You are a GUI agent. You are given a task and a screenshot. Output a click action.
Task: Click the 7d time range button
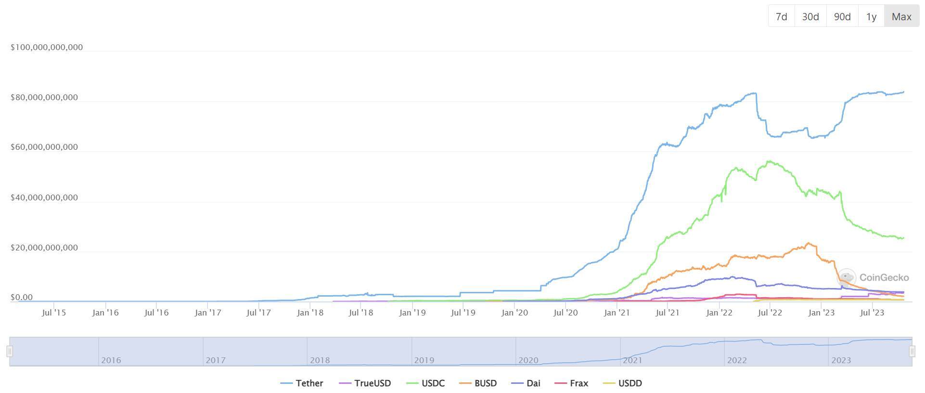pyautogui.click(x=781, y=17)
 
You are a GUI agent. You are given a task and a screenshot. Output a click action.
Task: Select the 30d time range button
pyautogui.click(x=810, y=17)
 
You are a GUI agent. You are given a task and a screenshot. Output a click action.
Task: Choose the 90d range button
pyautogui.click(x=842, y=17)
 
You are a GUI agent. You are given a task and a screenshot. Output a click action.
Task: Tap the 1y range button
pyautogui.click(x=871, y=17)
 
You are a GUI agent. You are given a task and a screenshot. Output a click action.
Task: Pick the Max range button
pyautogui.click(x=901, y=17)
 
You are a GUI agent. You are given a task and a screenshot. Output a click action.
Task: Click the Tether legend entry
pyautogui.click(x=302, y=383)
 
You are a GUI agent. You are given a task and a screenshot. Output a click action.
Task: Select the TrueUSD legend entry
pyautogui.click(x=365, y=383)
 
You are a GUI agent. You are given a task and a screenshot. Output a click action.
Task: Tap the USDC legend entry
pyautogui.click(x=426, y=383)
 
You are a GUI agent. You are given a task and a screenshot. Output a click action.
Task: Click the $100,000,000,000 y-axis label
pyautogui.click(x=47, y=47)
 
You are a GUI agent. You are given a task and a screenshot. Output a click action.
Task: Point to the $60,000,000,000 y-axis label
pyautogui.click(x=44, y=147)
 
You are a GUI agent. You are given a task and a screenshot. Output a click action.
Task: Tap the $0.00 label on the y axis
pyautogui.click(x=22, y=298)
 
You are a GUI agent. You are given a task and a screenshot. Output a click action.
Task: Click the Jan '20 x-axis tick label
pyautogui.click(x=514, y=313)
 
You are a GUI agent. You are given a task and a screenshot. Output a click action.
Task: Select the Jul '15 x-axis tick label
pyautogui.click(x=54, y=313)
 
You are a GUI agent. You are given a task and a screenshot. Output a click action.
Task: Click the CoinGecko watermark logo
pyautogui.click(x=847, y=277)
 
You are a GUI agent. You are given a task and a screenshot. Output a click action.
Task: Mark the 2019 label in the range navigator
pyautogui.click(x=424, y=360)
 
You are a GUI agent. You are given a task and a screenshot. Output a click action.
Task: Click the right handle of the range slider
pyautogui.click(x=912, y=352)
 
